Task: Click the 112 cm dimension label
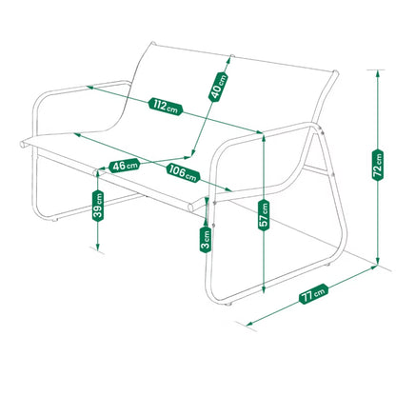[166, 106]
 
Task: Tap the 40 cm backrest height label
[218, 87]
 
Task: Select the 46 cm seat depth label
[124, 166]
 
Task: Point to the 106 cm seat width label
[183, 173]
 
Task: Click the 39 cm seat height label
[98, 207]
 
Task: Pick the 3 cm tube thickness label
[206, 240]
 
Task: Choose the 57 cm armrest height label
[264, 215]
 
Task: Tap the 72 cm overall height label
[378, 165]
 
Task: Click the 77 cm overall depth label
[314, 294]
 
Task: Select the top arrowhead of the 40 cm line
[229, 59]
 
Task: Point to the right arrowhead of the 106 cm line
[230, 190]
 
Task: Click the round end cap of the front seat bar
[190, 208]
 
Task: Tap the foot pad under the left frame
[55, 220]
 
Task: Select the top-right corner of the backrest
[336, 72]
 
